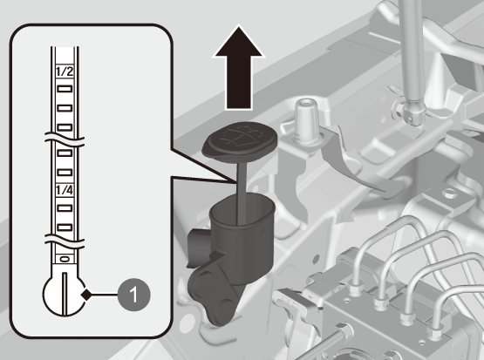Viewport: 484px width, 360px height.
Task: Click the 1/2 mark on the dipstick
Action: point(65,71)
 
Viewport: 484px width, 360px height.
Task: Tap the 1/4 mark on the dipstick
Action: point(65,189)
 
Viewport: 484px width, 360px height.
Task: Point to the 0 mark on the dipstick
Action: point(65,259)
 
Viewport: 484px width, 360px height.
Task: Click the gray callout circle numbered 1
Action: point(134,295)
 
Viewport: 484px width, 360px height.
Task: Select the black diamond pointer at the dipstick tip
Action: point(86,295)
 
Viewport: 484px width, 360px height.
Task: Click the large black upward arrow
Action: point(238,67)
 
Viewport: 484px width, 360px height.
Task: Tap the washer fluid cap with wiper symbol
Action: point(240,141)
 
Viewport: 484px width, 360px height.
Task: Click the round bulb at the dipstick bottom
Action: point(65,294)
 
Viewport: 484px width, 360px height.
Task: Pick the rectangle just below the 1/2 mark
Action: point(65,89)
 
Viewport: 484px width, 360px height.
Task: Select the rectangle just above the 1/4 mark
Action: point(65,172)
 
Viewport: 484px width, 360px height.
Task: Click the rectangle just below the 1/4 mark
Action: point(65,208)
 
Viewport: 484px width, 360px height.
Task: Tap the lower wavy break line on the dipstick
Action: point(65,241)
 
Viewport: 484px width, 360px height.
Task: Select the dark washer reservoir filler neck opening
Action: point(242,210)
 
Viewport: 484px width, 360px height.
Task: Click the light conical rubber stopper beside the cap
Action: point(305,121)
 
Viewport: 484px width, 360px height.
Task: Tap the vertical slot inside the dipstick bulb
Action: point(65,294)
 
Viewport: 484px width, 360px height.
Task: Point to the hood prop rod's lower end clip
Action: point(410,112)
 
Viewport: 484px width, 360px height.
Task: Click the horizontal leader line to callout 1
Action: point(105,295)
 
